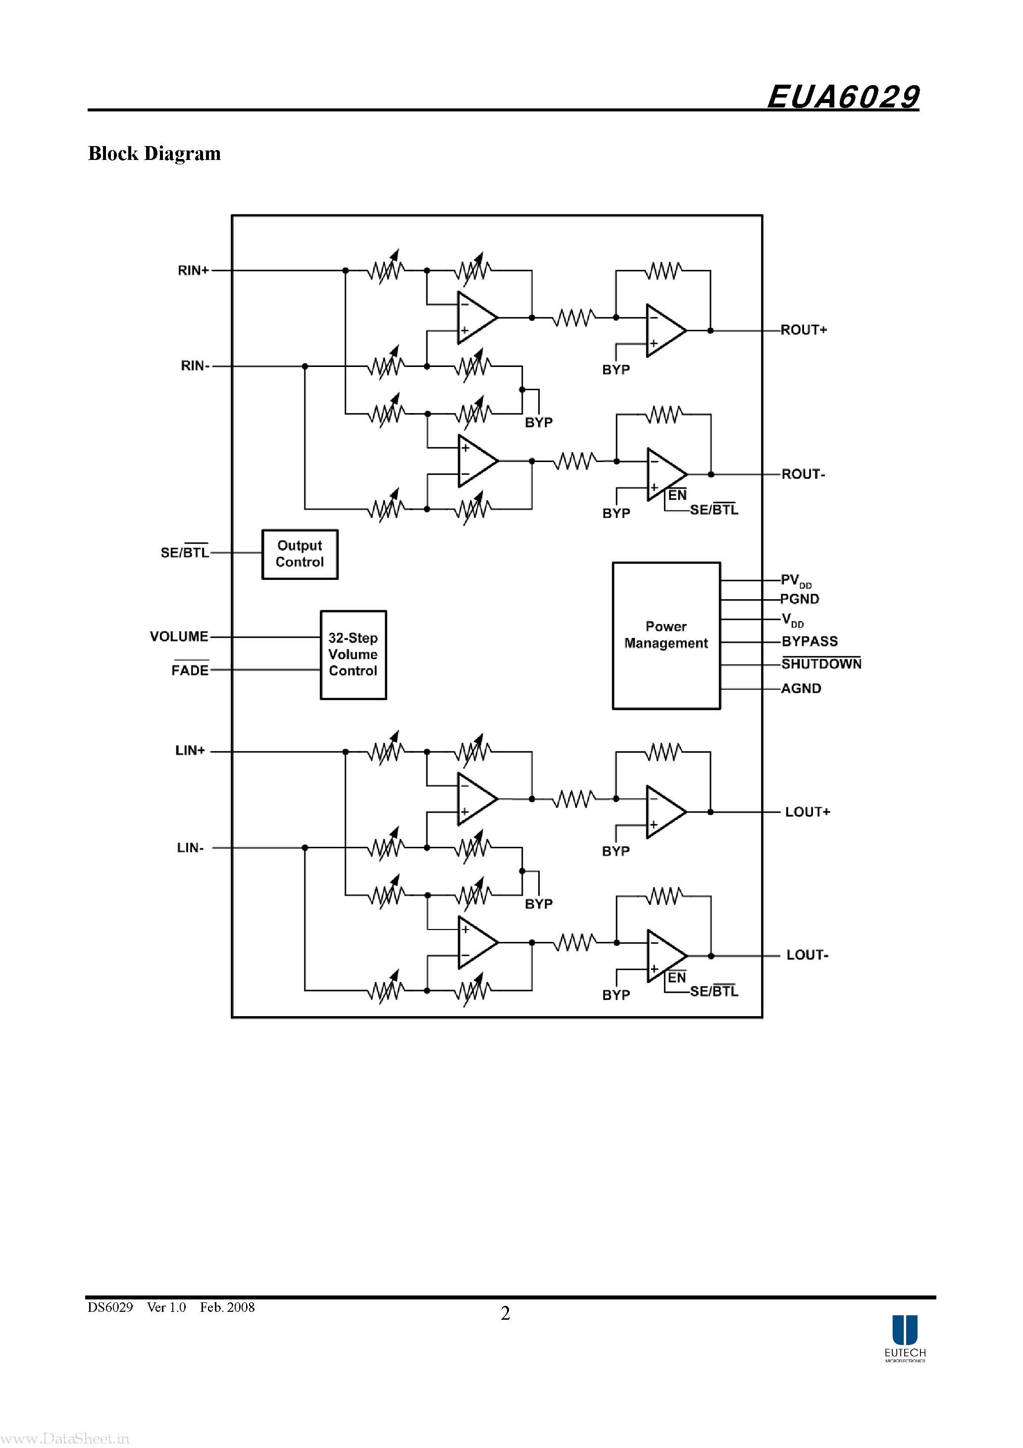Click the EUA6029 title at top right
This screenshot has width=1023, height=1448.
[843, 97]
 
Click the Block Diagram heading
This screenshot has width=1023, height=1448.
[154, 153]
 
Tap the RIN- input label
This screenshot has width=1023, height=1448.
[195, 366]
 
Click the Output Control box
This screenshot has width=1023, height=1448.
[300, 554]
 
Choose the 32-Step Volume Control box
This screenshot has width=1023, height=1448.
[353, 655]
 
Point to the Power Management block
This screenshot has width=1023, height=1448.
[666, 635]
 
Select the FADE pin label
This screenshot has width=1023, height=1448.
[190, 670]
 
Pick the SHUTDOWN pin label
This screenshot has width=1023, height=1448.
[821, 664]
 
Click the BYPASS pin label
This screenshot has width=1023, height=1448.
[809, 641]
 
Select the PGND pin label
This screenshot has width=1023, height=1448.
[800, 599]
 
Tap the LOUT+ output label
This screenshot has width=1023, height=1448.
[807, 812]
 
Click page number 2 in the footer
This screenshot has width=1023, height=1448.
[505, 1313]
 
